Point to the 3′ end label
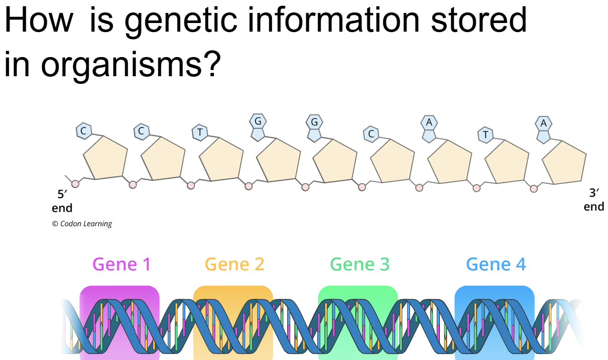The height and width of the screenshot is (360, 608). point(594,200)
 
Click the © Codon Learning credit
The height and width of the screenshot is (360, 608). point(82,224)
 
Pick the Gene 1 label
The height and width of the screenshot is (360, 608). point(122,264)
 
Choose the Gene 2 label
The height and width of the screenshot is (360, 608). point(234,264)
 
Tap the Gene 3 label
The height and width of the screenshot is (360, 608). point(360,264)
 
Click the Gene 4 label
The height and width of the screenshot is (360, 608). point(496,264)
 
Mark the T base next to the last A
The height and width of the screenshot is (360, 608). point(485,135)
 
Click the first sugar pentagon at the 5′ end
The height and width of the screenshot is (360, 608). point(105,158)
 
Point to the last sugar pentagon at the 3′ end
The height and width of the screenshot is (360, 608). point(564,162)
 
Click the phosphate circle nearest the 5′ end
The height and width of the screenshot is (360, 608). point(75,183)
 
